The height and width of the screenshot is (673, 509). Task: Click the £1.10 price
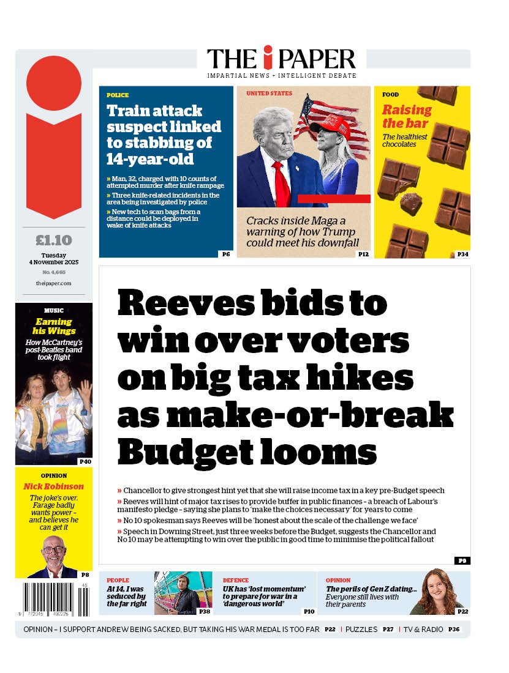[x=53, y=240]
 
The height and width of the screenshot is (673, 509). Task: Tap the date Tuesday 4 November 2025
[x=53, y=258]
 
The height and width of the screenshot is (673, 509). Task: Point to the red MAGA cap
[x=330, y=126]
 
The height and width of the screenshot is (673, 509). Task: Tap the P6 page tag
[x=225, y=254]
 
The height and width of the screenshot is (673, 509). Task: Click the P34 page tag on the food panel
[x=462, y=254]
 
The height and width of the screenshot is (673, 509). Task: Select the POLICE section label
[x=118, y=95]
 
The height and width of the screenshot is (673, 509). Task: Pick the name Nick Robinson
[x=53, y=486]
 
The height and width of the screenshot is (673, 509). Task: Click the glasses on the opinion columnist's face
[x=53, y=549]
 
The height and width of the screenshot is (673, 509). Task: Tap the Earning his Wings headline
[x=53, y=326]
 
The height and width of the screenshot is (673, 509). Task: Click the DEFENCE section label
[x=235, y=580]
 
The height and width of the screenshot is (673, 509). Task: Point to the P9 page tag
[x=462, y=560]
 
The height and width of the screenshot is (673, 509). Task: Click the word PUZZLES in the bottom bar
[x=361, y=629]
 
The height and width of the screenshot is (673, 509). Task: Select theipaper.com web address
[x=53, y=283]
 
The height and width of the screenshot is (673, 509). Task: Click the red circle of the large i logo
[x=54, y=83]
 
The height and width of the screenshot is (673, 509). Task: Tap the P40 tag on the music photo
[x=85, y=461]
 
